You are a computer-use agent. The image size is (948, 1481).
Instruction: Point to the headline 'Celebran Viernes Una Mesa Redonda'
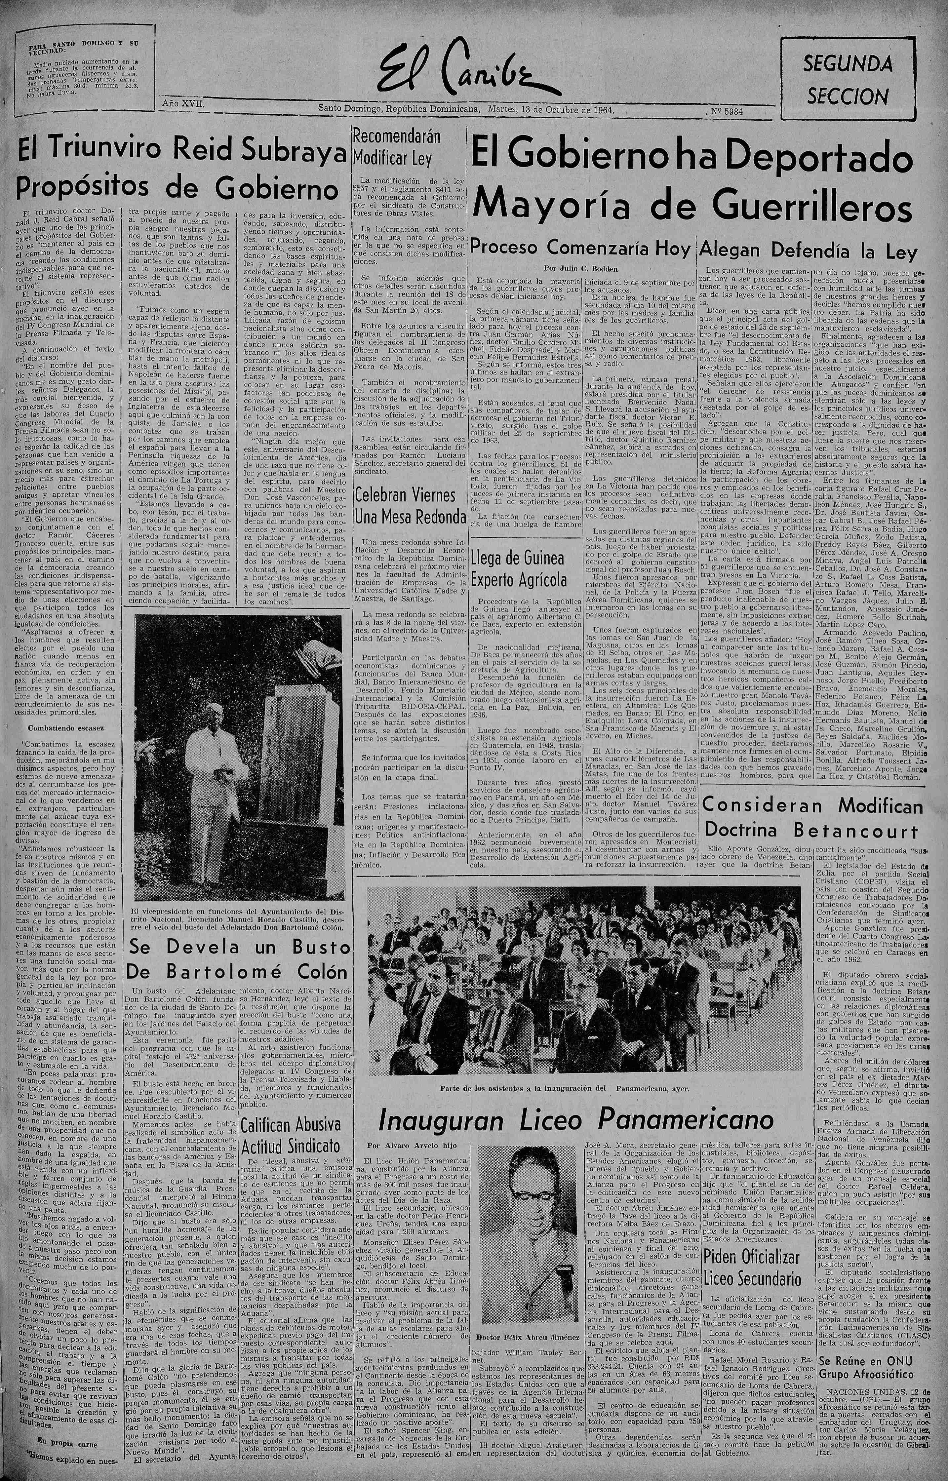point(409,506)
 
